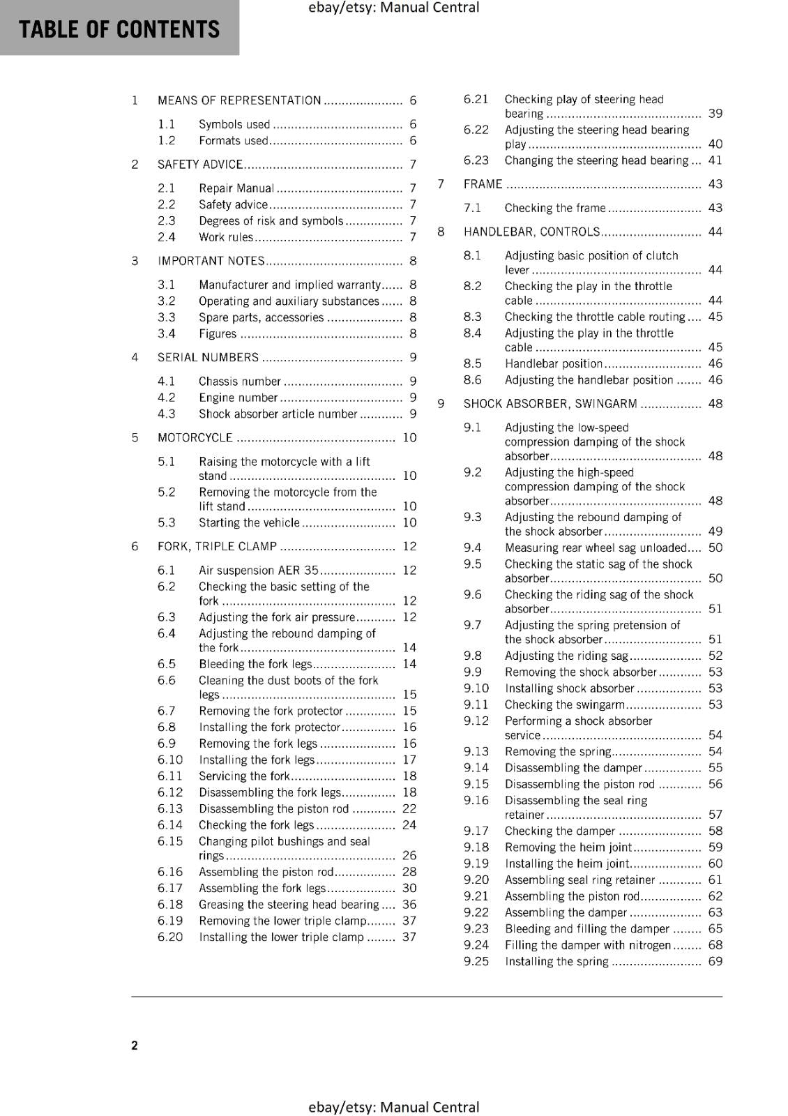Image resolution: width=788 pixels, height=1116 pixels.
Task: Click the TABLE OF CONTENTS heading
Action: [x=119, y=29]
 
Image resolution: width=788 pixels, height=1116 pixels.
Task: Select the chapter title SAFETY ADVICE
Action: [x=200, y=165]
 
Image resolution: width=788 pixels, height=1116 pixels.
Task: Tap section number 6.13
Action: [x=170, y=809]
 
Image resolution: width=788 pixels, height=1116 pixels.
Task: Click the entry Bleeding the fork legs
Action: [x=255, y=664]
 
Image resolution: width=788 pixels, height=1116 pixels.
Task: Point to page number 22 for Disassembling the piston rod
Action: [x=409, y=809]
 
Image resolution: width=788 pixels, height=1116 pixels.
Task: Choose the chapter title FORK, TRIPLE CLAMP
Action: [x=217, y=546]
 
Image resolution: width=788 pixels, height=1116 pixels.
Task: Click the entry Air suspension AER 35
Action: [x=258, y=571]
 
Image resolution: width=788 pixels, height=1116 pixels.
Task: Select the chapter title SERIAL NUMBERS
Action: [x=208, y=358]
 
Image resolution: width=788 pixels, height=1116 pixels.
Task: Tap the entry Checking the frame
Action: [x=555, y=208]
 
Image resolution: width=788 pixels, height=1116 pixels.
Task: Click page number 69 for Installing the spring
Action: [x=715, y=962]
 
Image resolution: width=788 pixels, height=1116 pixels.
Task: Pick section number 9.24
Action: [x=476, y=945]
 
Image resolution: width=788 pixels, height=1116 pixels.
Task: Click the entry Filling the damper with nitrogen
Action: [x=587, y=945]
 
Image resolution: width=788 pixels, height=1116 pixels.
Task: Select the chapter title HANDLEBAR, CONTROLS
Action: [x=531, y=232]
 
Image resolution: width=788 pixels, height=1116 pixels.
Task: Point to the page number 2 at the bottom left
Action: [x=135, y=1045]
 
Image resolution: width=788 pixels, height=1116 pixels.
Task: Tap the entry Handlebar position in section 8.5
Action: [x=553, y=363]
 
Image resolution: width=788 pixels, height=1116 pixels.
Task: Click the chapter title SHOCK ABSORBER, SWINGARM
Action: [x=550, y=404]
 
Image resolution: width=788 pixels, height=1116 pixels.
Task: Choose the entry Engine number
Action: [x=238, y=398]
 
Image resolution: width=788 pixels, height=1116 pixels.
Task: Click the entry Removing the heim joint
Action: [x=568, y=847]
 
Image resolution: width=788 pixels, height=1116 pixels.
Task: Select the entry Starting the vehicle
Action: [x=249, y=522]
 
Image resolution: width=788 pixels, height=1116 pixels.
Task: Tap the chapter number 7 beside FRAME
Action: [x=441, y=184]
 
